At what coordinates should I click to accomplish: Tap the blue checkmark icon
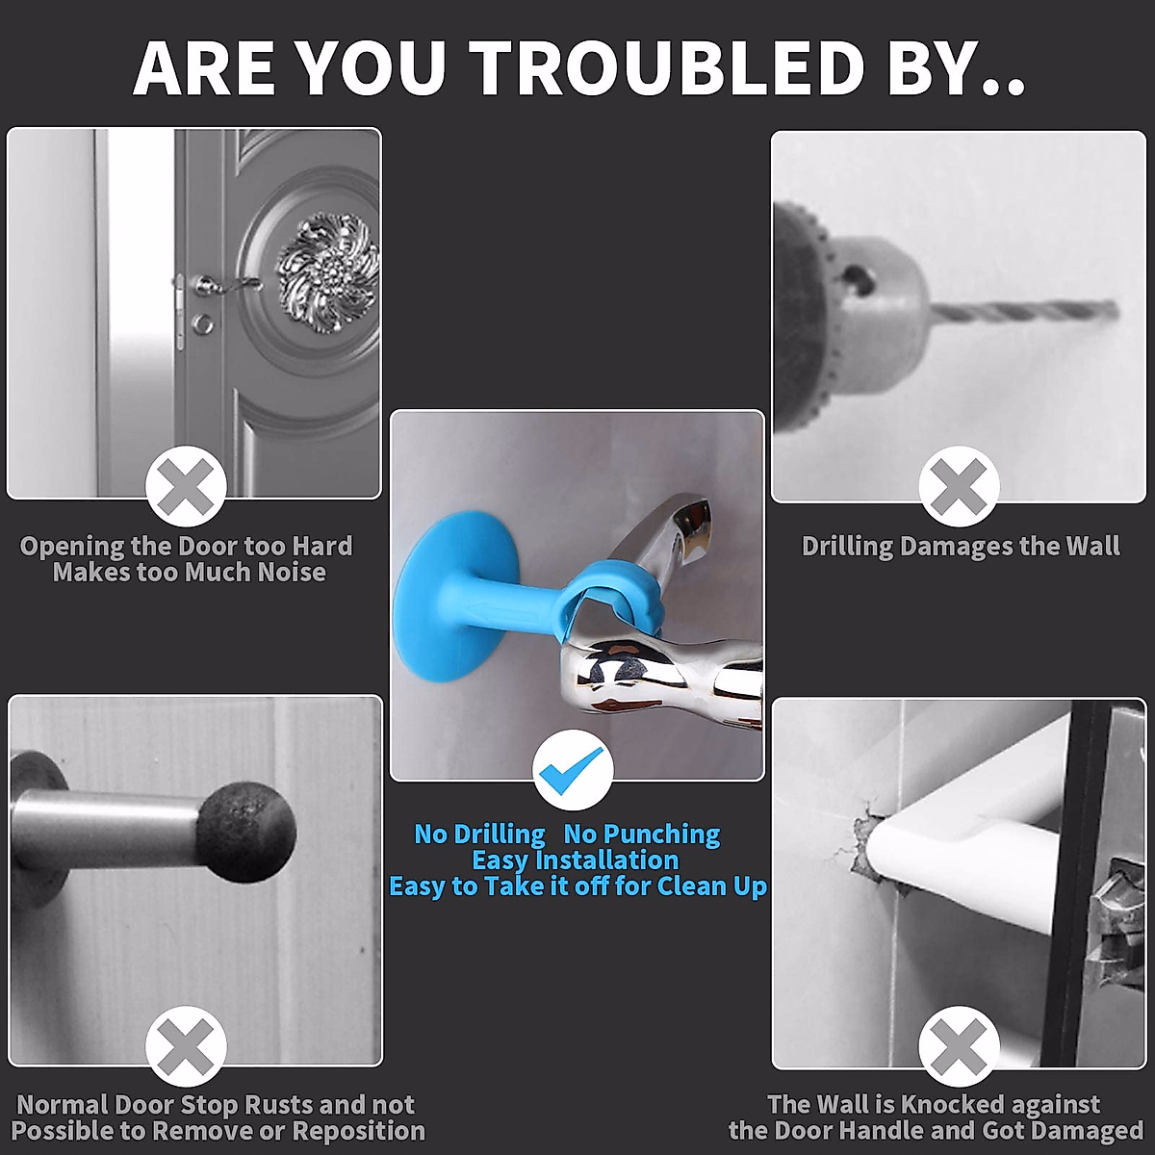(574, 768)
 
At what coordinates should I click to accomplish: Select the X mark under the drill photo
(959, 486)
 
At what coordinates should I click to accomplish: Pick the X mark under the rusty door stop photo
(186, 1046)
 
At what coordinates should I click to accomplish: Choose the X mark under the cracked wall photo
(959, 1046)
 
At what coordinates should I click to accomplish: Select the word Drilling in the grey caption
(848, 547)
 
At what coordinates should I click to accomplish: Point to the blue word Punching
(642, 834)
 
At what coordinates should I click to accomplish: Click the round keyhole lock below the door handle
(203, 324)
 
